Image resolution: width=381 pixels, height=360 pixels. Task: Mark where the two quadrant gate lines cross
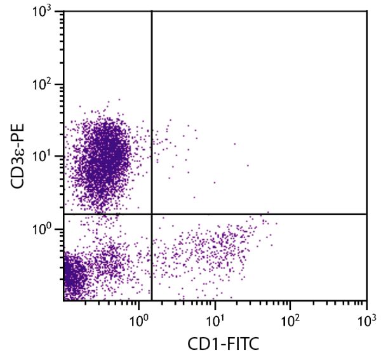pos(152,214)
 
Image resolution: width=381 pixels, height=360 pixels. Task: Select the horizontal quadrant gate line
pos(267,214)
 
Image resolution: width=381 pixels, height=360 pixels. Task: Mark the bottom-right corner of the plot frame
pos(366,300)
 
